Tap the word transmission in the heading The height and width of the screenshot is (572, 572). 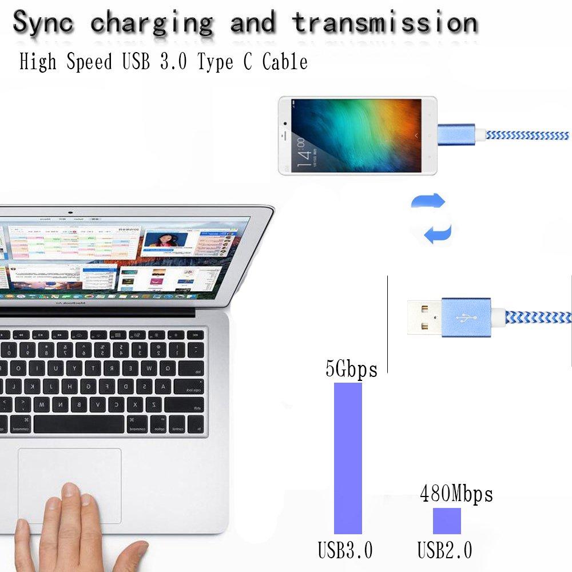pos(384,23)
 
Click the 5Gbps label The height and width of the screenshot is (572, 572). pos(351,370)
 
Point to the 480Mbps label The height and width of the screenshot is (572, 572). pos(456,494)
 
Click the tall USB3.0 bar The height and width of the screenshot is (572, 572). pos(348,458)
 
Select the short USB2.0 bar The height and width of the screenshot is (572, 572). pos(447,521)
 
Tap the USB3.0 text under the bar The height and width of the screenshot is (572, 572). pos(345,551)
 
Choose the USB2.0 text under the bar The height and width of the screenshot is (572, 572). pos(444,551)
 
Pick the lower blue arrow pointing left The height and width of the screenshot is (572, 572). pos(437,233)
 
